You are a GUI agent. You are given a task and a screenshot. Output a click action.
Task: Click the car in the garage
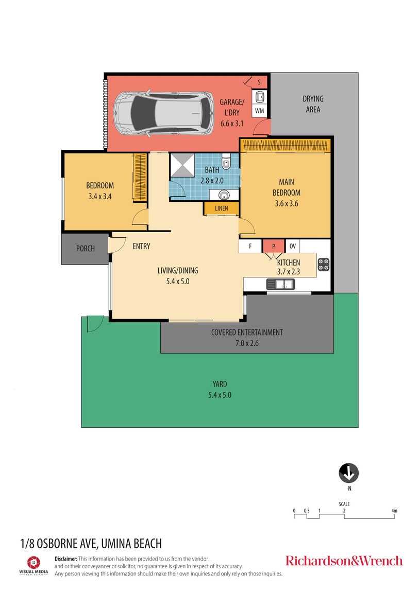click(x=163, y=113)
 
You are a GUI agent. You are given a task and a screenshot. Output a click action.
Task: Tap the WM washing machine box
click(x=260, y=111)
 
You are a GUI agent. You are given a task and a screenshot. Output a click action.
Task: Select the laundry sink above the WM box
click(x=260, y=97)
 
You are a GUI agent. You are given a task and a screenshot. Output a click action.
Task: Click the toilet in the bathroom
click(x=226, y=162)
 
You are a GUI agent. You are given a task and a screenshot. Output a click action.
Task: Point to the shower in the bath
click(x=182, y=165)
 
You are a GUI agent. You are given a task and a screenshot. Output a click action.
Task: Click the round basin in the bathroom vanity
click(x=224, y=195)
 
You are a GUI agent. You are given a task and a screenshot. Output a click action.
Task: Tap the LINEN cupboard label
click(x=222, y=208)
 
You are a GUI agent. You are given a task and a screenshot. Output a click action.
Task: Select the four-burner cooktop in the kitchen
click(x=324, y=264)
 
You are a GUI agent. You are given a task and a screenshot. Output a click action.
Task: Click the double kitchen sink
click(x=281, y=284)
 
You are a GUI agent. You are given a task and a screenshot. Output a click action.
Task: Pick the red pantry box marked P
click(x=274, y=246)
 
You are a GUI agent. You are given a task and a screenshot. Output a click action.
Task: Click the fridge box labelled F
click(x=250, y=246)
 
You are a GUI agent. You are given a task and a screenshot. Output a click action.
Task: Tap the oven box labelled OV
click(x=293, y=246)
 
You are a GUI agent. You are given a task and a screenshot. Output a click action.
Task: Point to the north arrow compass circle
click(x=349, y=473)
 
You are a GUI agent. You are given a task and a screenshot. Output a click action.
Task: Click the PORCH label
click(x=86, y=249)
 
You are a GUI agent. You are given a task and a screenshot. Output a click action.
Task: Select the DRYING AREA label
click(x=313, y=104)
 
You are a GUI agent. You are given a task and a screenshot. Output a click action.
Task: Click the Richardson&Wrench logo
click(x=344, y=561)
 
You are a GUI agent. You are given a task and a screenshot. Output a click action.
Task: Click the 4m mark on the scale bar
click(x=394, y=511)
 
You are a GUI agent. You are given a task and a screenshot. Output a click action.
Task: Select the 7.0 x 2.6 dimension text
click(x=247, y=343)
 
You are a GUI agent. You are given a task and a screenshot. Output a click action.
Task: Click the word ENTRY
click(x=142, y=246)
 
